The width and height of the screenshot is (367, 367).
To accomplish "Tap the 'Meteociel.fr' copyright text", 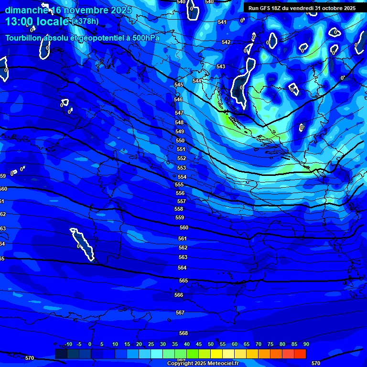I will pyautogui.click(x=220, y=364).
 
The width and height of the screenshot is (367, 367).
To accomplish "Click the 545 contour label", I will pyautogui.click(x=179, y=85).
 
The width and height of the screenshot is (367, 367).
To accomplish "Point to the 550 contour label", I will pyautogui.click(x=180, y=140).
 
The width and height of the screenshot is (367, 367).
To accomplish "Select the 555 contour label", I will pyautogui.click(x=179, y=184).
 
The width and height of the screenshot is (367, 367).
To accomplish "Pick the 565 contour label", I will pyautogui.click(x=183, y=281).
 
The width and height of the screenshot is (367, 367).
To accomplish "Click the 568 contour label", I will pyautogui.click(x=183, y=333).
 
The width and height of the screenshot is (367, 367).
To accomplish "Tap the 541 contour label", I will pyautogui.click(x=222, y=22).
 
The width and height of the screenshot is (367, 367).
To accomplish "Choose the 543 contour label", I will pyautogui.click(x=221, y=66).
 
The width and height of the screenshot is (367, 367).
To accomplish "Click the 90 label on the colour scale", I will pyautogui.click(x=306, y=344).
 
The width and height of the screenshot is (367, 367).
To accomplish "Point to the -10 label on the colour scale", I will pyautogui.click(x=68, y=344).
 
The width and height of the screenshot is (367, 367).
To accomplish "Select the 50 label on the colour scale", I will pyautogui.click(x=211, y=344).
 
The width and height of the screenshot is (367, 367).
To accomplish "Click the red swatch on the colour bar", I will pyautogui.click(x=300, y=354).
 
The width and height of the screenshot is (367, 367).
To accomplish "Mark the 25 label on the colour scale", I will pyautogui.click(x=151, y=344).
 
